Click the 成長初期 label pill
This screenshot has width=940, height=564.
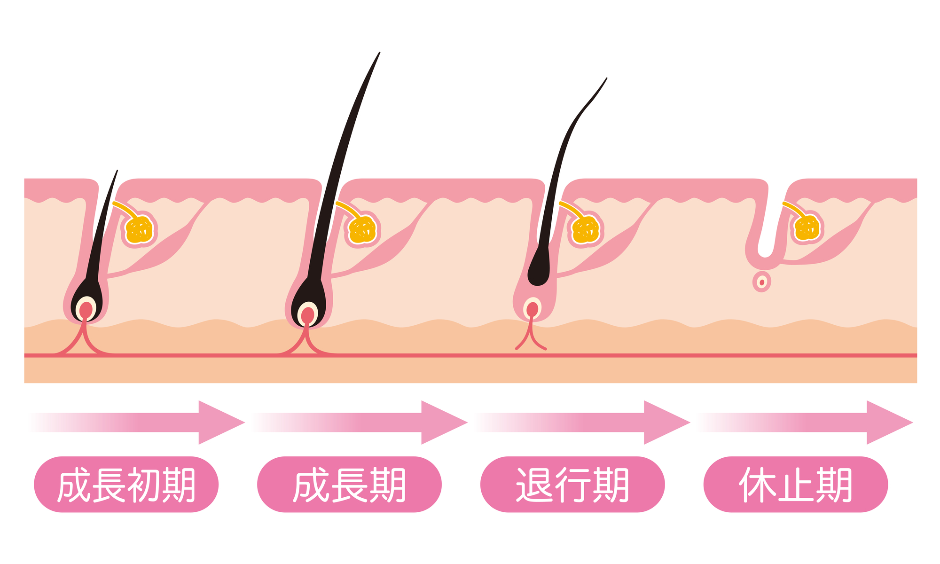[126, 484]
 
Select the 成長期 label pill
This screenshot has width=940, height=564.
[349, 484]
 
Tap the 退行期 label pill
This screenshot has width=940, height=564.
[572, 484]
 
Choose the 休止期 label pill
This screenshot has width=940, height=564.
[795, 484]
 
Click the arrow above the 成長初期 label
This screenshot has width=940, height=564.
[141, 422]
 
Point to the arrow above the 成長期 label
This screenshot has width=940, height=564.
[364, 422]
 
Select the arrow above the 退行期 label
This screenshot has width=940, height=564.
[587, 422]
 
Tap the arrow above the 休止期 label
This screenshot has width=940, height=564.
[809, 422]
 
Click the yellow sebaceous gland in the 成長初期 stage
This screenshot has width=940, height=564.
[140, 230]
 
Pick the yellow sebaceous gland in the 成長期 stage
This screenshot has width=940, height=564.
[363, 230]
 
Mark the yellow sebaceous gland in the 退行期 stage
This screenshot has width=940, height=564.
[586, 230]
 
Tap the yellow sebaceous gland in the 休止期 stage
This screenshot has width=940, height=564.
[807, 227]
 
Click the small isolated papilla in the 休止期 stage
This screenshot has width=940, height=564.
[762, 282]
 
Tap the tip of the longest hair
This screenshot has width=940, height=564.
[379, 53]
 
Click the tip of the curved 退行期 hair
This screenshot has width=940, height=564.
[606, 78]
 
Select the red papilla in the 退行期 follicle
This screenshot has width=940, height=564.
[532, 309]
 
